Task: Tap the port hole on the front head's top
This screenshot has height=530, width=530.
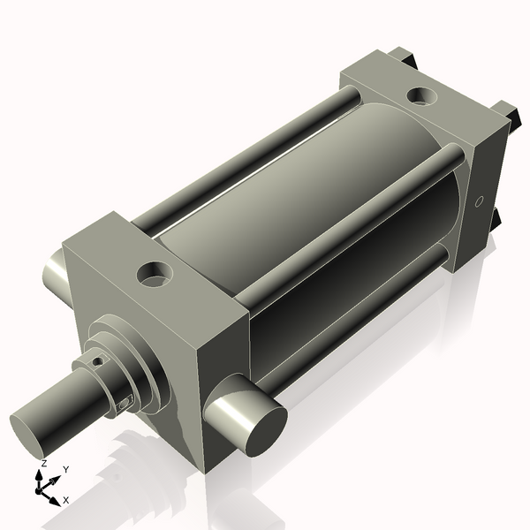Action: [x=156, y=273]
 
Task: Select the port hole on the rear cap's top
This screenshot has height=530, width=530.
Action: [x=420, y=95]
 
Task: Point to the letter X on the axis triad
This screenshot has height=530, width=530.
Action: [x=66, y=500]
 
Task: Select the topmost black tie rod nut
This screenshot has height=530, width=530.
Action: [x=407, y=56]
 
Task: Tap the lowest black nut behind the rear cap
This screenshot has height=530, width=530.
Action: [x=496, y=216]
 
